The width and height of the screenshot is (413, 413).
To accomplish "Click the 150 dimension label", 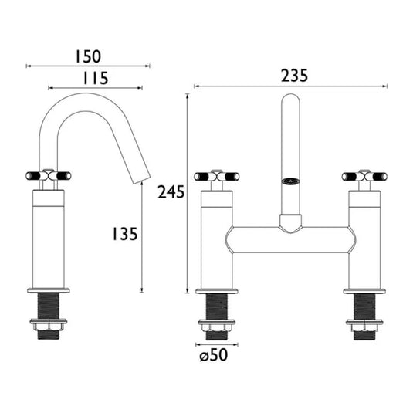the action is tap(88, 56).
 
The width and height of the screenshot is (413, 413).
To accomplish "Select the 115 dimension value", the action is tap(96, 78).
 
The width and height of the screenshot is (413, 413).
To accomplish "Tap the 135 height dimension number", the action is tap(125, 234).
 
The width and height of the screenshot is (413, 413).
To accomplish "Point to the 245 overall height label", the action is tap(171, 191).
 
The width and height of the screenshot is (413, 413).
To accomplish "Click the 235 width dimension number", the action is tap(294, 76).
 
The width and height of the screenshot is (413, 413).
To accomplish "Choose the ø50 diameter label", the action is tap(214, 355).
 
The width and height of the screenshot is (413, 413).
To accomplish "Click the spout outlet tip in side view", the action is tap(141, 180).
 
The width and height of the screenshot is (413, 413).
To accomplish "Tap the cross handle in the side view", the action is tap(49, 175).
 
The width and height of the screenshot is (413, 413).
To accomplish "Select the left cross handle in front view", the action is tap(216, 176).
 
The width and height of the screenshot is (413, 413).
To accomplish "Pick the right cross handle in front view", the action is tap(364, 176).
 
